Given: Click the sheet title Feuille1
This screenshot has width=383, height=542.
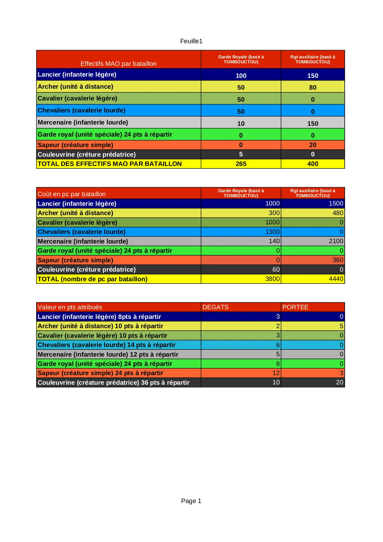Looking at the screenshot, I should tap(191, 41).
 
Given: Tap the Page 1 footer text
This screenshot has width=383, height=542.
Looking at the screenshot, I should tap(191, 501).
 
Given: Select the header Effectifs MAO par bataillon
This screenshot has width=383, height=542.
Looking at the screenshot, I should tap(119, 64).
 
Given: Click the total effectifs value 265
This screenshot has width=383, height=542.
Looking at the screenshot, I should tap(241, 164).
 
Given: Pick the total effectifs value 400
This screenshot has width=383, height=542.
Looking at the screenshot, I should tap(313, 164).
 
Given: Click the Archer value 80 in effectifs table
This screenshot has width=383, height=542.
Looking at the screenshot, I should tap(313, 87).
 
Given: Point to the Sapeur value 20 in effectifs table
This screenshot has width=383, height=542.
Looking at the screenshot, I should tap(313, 145).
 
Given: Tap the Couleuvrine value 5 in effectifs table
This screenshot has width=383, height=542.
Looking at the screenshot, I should tap(241, 154).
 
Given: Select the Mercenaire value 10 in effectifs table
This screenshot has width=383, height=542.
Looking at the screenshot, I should tap(241, 124).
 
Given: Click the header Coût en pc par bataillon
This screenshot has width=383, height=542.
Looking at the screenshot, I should tap(72, 194).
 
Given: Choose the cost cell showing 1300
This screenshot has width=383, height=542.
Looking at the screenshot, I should tap(273, 232).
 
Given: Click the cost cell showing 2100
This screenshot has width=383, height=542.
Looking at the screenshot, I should tap(336, 241).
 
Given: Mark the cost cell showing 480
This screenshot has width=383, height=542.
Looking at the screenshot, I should tap(338, 213).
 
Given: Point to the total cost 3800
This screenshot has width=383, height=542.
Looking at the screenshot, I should tap(273, 279).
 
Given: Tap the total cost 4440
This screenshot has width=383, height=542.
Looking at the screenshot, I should tap(336, 279).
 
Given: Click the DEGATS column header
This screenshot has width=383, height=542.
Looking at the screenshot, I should tap(215, 307).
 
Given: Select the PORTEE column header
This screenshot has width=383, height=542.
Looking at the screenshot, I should tap(295, 307).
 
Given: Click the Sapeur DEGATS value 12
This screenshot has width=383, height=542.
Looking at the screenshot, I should tap(276, 373).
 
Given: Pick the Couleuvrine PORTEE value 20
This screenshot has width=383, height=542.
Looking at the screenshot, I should tap(339, 382).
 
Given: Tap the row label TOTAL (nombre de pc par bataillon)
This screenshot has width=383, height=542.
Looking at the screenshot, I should tap(93, 279).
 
